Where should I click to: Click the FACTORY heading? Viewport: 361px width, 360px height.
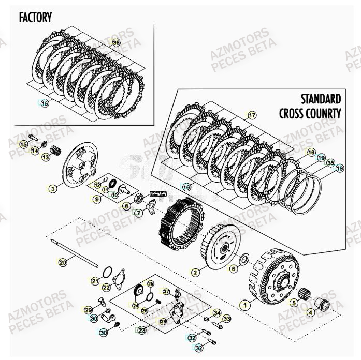click(x=35, y=17)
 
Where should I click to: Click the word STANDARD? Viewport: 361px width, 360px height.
click(x=321, y=99)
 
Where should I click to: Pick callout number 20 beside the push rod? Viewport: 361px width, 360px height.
click(x=63, y=262)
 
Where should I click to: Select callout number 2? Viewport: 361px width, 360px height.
click(x=195, y=272)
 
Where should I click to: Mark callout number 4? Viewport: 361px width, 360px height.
click(x=310, y=312)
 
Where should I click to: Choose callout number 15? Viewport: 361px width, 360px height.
click(x=23, y=145)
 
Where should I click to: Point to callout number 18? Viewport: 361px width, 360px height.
click(x=311, y=152)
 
